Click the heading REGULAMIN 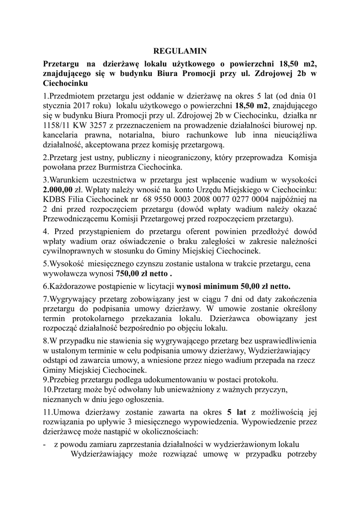[180, 51]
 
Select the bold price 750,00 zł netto [144, 273]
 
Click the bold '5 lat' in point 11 [236, 412]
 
